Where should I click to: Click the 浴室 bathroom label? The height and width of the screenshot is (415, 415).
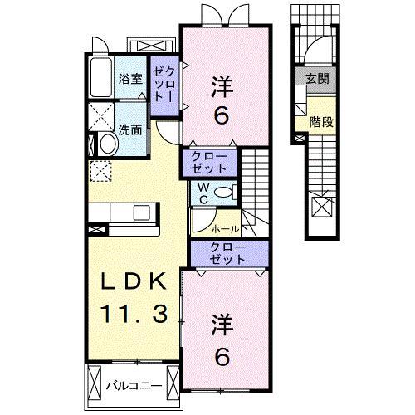pyautogui.click(x=131, y=80)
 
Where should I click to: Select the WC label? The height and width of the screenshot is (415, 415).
pyautogui.click(x=203, y=193)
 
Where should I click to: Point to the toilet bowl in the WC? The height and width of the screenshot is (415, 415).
pyautogui.click(x=221, y=193)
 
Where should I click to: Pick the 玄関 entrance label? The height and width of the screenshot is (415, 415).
pyautogui.click(x=315, y=80)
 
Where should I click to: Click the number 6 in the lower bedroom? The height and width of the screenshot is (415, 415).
pyautogui.click(x=222, y=356)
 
